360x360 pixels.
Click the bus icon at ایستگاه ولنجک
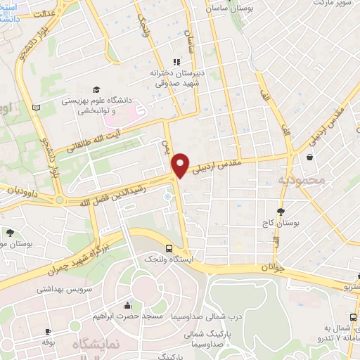click(169, 247)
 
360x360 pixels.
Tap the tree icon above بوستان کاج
click(281, 211)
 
